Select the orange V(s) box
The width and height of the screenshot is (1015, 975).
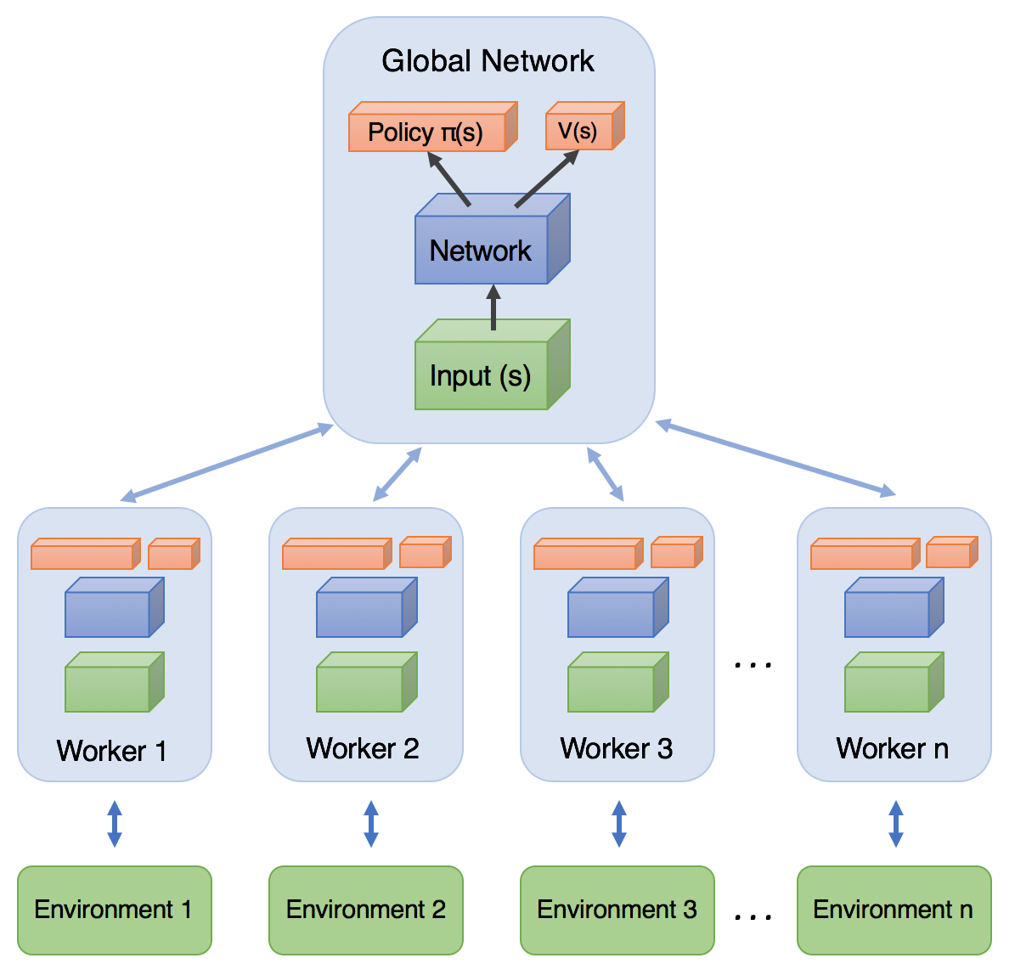tap(578, 132)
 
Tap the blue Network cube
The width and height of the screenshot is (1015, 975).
tap(482, 250)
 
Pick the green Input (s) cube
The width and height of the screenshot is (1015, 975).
tap(482, 375)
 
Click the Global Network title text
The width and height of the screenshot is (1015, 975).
tap(488, 61)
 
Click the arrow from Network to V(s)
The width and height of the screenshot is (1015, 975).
tap(546, 179)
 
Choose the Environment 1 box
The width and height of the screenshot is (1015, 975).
tap(114, 910)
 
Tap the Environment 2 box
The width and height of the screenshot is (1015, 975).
tap(365, 910)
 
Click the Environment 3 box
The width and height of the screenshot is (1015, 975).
tap(617, 910)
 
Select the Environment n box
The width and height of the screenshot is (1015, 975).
tap(894, 910)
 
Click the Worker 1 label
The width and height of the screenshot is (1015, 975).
tap(111, 751)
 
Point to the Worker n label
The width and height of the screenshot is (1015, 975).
tap(892, 748)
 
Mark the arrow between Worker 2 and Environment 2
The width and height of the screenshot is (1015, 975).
tap(370, 824)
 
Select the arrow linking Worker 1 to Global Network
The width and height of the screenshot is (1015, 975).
tap(227, 463)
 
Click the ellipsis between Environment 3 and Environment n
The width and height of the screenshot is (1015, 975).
tap(753, 916)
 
